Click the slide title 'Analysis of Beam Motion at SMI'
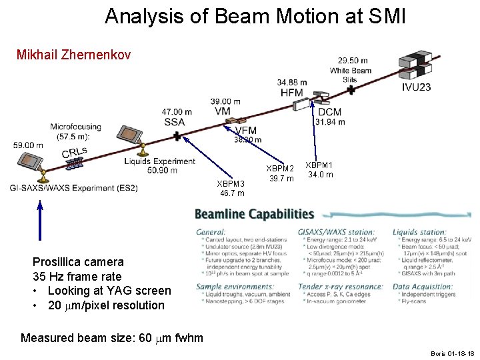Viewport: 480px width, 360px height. click(x=255, y=16)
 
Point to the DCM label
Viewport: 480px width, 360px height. click(x=329, y=112)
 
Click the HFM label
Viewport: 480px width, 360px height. click(x=291, y=93)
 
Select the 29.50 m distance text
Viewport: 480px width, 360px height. click(x=353, y=61)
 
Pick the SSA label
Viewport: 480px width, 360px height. click(x=174, y=121)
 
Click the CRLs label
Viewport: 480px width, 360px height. click(x=74, y=153)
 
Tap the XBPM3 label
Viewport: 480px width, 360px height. click(x=231, y=183)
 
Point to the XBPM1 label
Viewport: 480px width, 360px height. click(x=319, y=165)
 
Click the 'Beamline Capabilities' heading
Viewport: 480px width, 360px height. click(x=254, y=214)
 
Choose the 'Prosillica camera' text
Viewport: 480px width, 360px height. click(x=78, y=262)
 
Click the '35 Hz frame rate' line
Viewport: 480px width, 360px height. click(x=77, y=276)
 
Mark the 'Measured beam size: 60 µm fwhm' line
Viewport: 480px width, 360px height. click(x=112, y=337)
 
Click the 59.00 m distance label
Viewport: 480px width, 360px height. click(x=28, y=145)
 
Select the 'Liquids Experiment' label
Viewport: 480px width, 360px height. click(x=159, y=161)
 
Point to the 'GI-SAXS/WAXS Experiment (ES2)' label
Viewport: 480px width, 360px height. click(x=74, y=188)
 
